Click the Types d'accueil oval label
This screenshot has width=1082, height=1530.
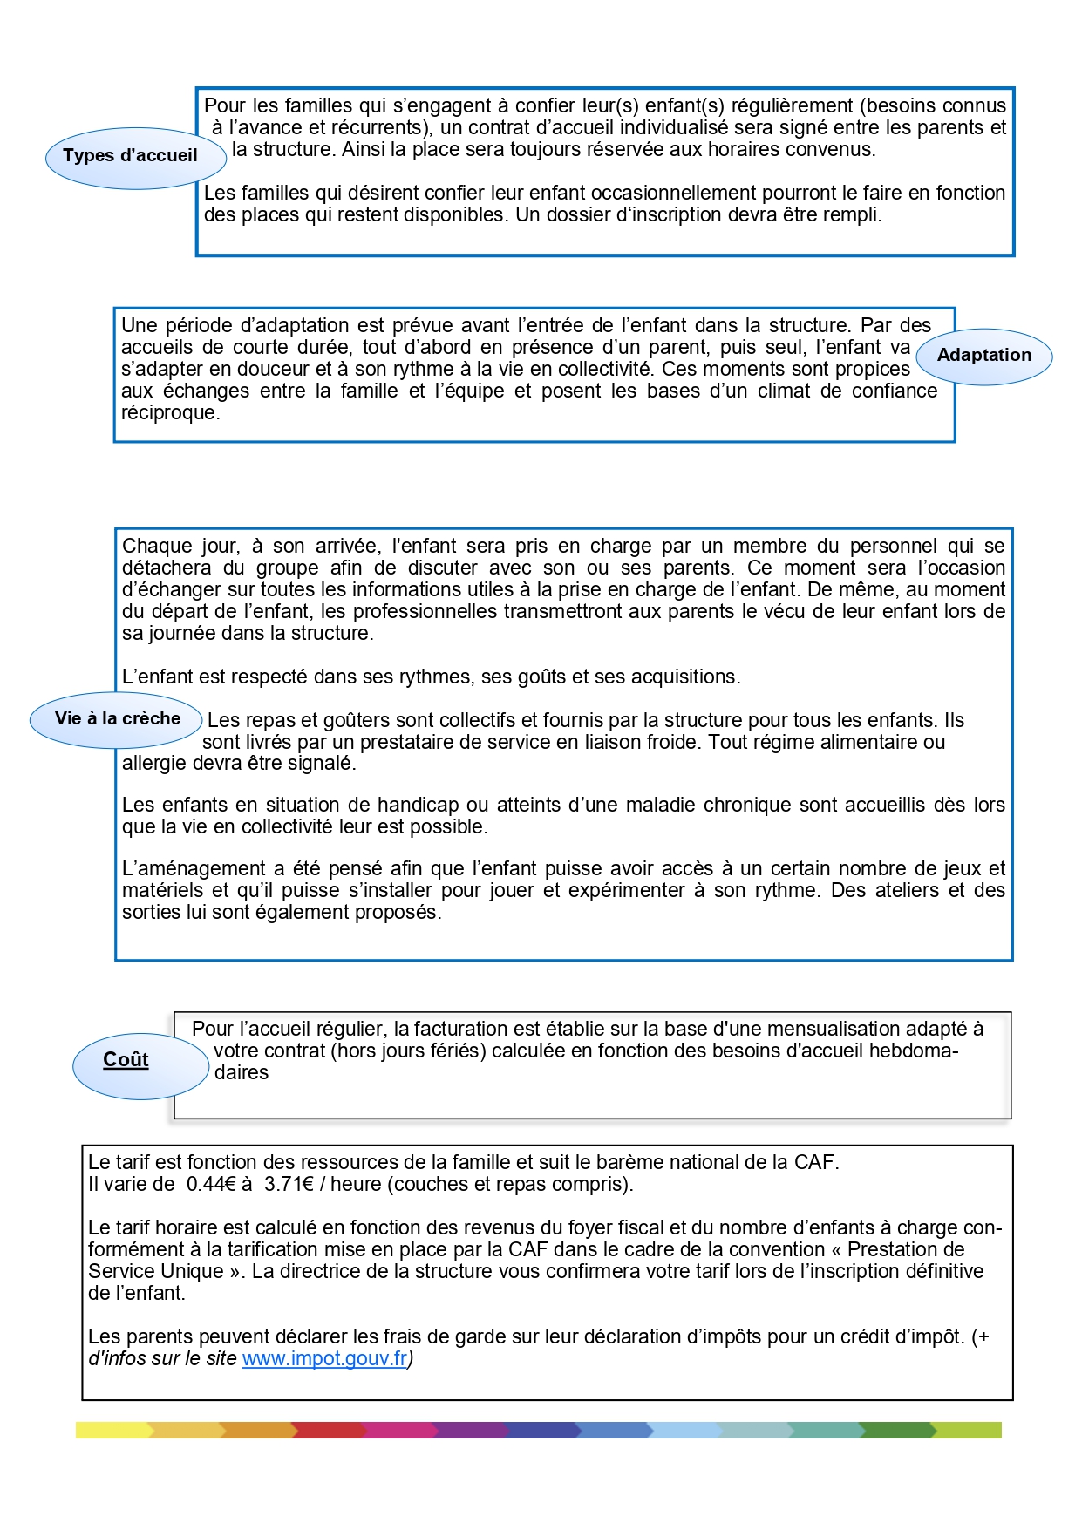(x=131, y=156)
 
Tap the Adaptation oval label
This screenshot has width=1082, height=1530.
(x=983, y=356)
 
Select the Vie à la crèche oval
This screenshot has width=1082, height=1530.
(x=118, y=719)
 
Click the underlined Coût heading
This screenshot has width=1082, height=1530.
(x=126, y=1060)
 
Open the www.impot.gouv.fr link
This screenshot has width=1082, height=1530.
(x=324, y=1359)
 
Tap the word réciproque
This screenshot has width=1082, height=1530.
(x=169, y=413)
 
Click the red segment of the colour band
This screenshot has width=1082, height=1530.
(x=327, y=1431)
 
